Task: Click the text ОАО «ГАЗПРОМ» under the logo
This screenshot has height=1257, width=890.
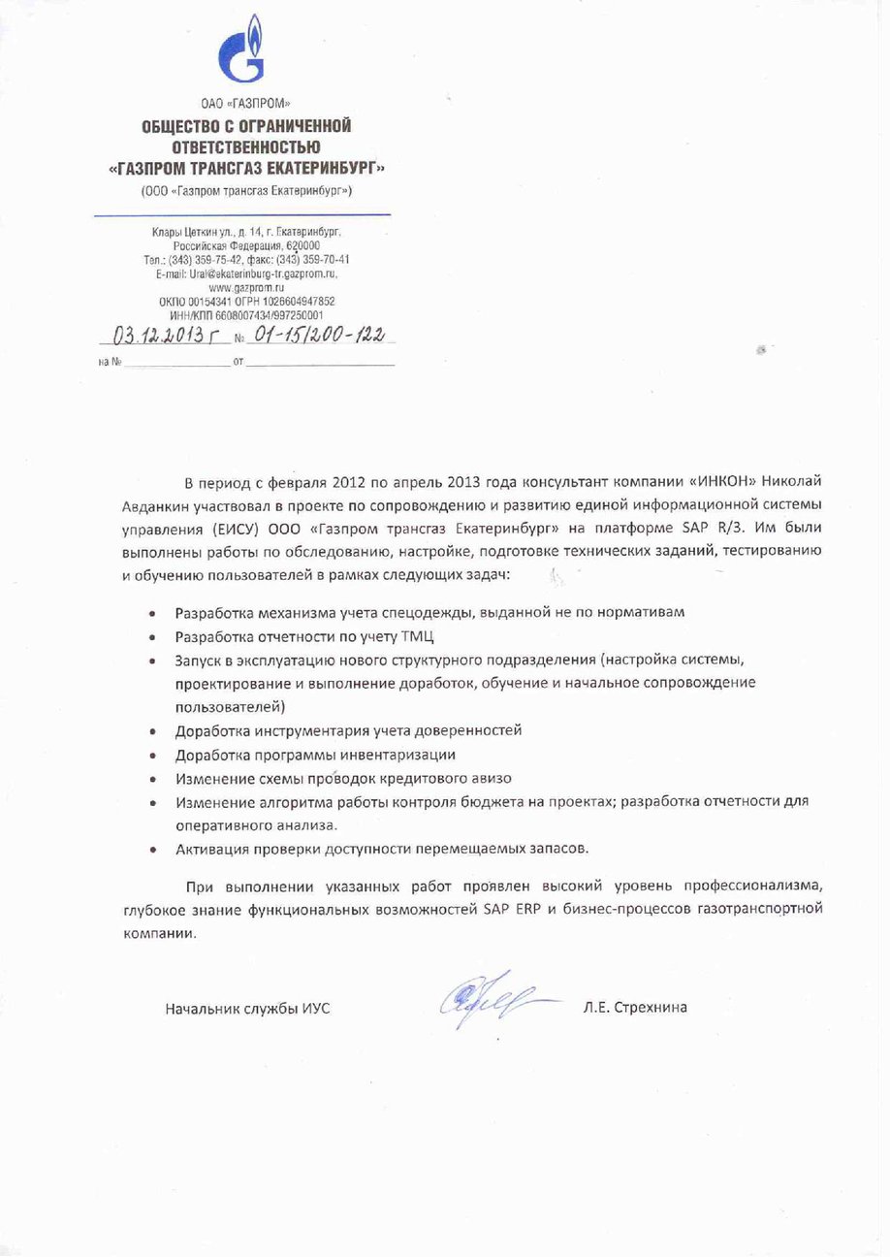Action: pos(245,103)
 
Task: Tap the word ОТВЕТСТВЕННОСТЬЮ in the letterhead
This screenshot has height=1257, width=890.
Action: pos(245,146)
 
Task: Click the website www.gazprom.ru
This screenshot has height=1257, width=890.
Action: pos(245,288)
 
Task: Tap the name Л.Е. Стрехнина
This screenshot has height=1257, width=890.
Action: pos(635,1008)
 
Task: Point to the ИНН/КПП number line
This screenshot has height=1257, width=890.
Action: pos(245,315)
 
